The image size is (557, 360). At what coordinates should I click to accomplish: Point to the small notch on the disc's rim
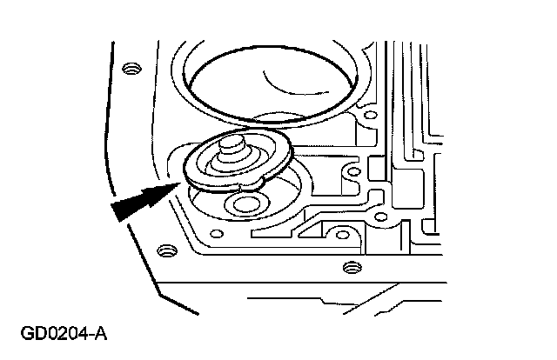pyautogui.click(x=239, y=185)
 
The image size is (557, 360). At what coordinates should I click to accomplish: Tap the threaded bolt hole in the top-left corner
pyautogui.click(x=131, y=68)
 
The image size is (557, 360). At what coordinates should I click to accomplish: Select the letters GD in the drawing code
pyautogui.click(x=37, y=334)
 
